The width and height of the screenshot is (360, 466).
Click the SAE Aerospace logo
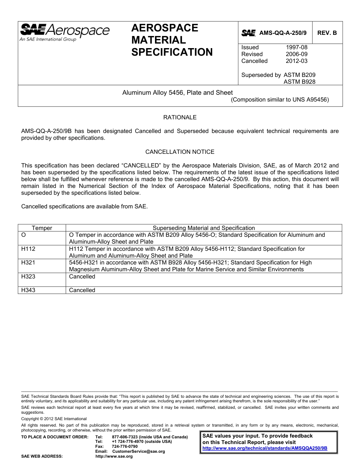tap(64, 32)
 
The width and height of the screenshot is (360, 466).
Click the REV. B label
tap(327, 33)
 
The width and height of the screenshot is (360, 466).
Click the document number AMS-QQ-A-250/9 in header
tap(283, 33)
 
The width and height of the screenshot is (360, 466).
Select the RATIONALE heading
tap(180, 117)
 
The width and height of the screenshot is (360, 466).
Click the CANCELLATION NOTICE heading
tap(180, 152)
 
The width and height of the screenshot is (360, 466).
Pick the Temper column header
tap(42, 228)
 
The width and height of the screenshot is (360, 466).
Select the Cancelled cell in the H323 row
tap(82, 277)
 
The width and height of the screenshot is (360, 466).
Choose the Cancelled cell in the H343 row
tap(82, 290)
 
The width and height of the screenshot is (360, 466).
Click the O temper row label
tap(23, 235)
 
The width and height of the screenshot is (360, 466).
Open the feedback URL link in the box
tap(265, 448)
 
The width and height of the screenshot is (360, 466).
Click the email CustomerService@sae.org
tap(139, 452)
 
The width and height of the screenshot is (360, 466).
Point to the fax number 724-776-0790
tap(125, 447)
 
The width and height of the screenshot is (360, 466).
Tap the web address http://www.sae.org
tap(114, 457)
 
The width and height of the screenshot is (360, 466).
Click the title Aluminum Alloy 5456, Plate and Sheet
tap(177, 92)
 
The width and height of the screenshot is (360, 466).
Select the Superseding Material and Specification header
tap(203, 228)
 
